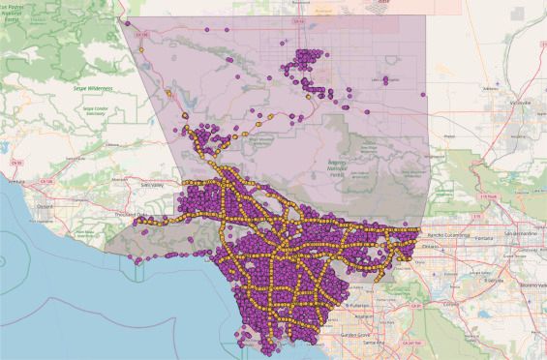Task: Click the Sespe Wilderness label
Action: [x=93, y=87]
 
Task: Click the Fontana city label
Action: [x=493, y=235]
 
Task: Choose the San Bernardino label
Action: [x=524, y=234]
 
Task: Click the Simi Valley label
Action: [x=151, y=182]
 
